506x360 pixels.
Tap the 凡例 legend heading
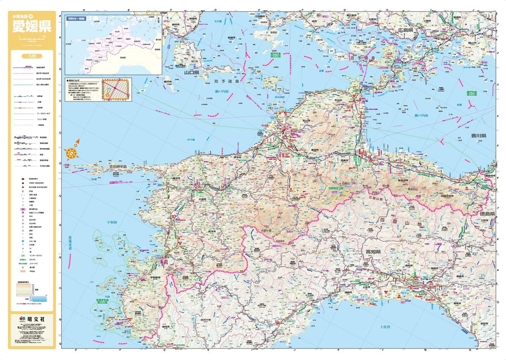click(x=32, y=58)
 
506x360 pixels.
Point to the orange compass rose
click(x=72, y=152)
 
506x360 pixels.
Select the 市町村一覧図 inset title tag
click(x=76, y=18)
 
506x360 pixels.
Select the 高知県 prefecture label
click(x=372, y=252)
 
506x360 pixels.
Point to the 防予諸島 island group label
click(x=227, y=81)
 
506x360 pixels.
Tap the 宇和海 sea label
click(x=111, y=223)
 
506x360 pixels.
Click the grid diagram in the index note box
click(x=116, y=88)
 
